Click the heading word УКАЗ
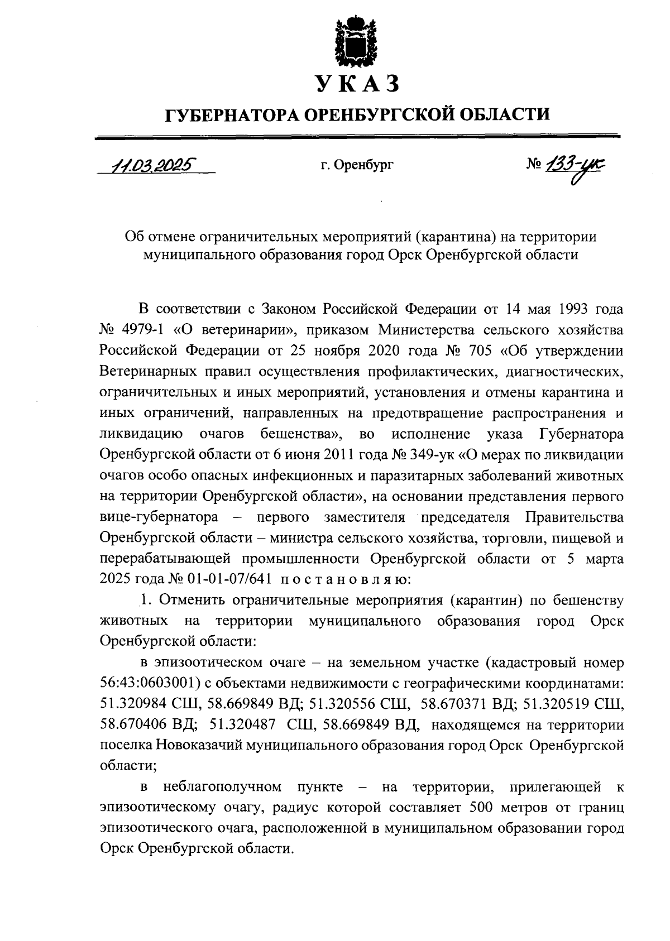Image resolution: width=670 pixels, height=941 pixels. point(357,83)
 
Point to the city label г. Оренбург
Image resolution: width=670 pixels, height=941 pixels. point(357,166)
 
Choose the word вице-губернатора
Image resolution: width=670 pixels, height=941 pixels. point(159,517)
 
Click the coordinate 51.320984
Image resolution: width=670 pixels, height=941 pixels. point(132,704)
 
